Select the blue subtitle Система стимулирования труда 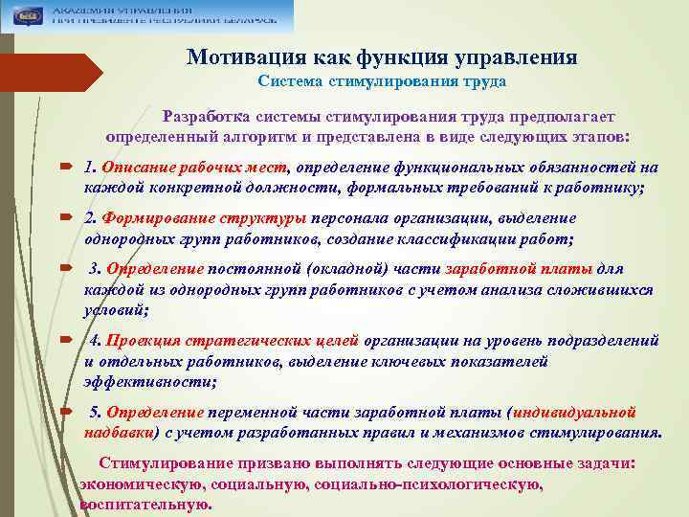[381, 82]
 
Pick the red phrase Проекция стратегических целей [233, 341]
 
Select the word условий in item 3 [116, 310]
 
